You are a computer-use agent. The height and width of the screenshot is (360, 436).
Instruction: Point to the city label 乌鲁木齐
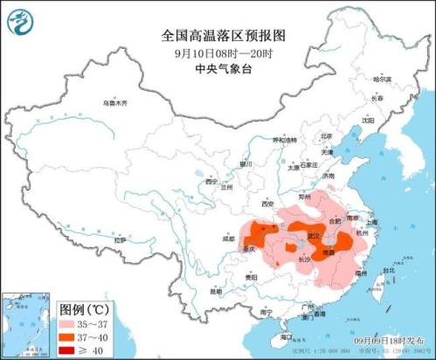[x=114, y=103]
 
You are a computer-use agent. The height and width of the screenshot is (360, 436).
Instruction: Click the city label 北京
[x=326, y=136]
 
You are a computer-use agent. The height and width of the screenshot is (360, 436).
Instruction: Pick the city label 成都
[x=227, y=238]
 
